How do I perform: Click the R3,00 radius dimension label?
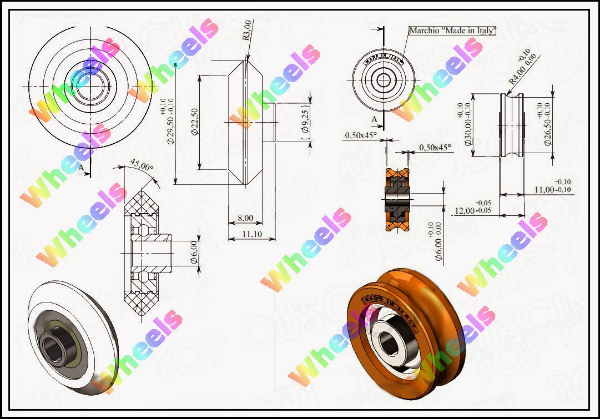click(247, 39)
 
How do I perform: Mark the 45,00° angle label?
click(142, 165)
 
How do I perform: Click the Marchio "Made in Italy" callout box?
click(452, 31)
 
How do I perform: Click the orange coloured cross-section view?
click(397, 198)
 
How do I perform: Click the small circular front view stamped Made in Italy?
click(384, 80)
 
